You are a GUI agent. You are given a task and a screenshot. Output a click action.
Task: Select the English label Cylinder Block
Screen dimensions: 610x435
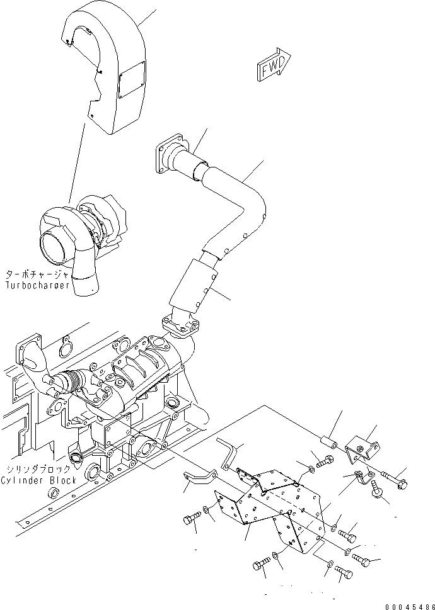(x=38, y=480)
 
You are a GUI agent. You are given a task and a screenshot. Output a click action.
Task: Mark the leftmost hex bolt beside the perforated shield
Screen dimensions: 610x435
(x=190, y=520)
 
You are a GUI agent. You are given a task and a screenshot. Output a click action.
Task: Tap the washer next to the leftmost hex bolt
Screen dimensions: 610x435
(x=208, y=510)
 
